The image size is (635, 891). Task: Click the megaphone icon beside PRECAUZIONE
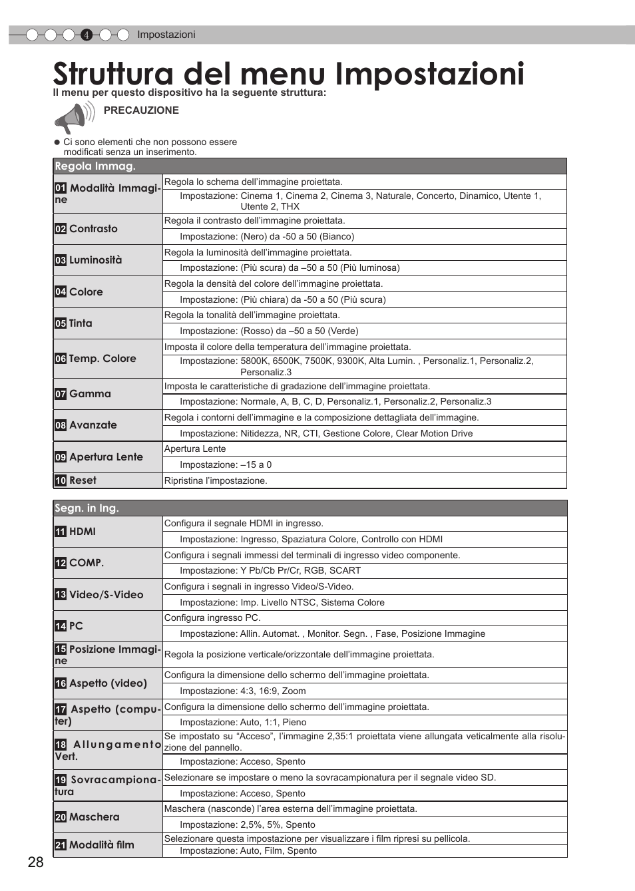pos(73,118)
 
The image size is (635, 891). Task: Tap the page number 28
pos(36,862)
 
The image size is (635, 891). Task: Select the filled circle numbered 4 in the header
pos(87,35)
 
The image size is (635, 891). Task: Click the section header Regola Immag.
pos(95,166)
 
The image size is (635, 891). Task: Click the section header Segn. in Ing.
pos(87,508)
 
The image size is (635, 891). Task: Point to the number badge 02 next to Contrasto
pos(61,229)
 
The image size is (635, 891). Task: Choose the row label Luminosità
pos(95,260)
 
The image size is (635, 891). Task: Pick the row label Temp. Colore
pos(103,359)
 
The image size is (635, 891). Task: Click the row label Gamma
pos(90,394)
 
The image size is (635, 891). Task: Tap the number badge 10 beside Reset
pos(61,480)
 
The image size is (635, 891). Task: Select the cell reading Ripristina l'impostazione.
pos(216,481)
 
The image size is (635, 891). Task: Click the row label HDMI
pos(83,532)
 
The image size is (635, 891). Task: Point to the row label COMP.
pos(87,563)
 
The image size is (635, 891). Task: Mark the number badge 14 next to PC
pos(61,626)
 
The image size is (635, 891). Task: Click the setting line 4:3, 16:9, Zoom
pos(243,691)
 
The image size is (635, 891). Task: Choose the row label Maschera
pos(95,817)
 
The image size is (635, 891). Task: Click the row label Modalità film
pos(102,845)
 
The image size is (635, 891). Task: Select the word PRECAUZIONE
pos(141,110)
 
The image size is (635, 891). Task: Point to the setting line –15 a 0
pos(226,465)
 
